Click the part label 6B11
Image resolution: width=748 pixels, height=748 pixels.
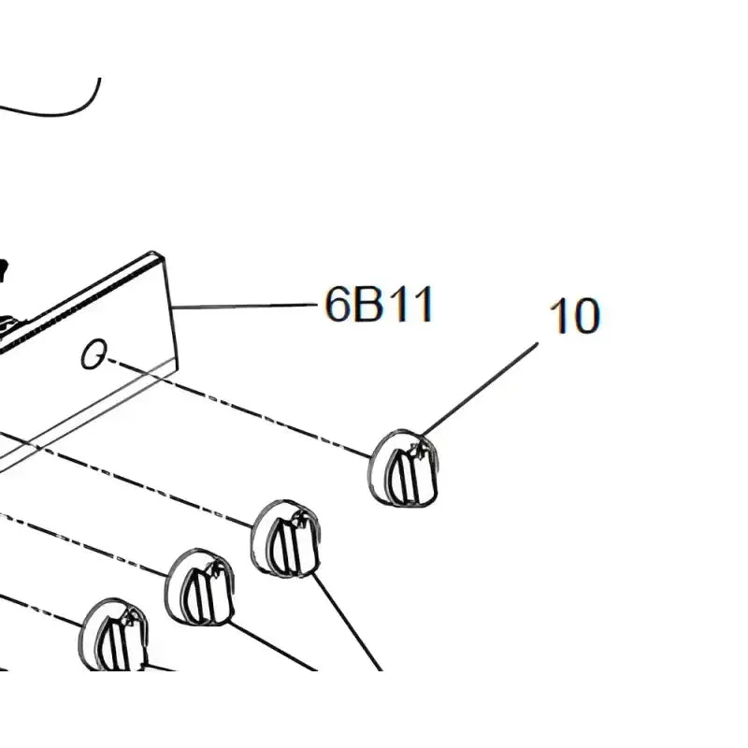pos(380,305)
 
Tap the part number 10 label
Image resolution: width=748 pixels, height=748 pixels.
pos(574,316)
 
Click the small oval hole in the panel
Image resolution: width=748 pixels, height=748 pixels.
pos(93,354)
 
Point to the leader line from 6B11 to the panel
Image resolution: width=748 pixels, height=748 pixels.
pos(245,306)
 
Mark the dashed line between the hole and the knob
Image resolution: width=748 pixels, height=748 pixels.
pos(238,409)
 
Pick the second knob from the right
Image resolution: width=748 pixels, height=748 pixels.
pos(285,539)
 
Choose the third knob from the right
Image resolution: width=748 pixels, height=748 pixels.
pos(200,587)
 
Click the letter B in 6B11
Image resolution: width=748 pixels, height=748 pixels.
pos(368,306)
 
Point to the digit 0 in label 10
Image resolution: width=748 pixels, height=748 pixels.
pos(587,316)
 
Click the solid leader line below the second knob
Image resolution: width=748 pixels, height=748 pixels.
pos(347,622)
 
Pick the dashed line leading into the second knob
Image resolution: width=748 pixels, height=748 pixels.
pos(143,482)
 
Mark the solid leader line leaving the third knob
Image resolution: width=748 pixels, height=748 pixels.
pos(273,645)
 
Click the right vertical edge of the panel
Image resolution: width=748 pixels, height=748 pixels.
pos(171,312)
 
